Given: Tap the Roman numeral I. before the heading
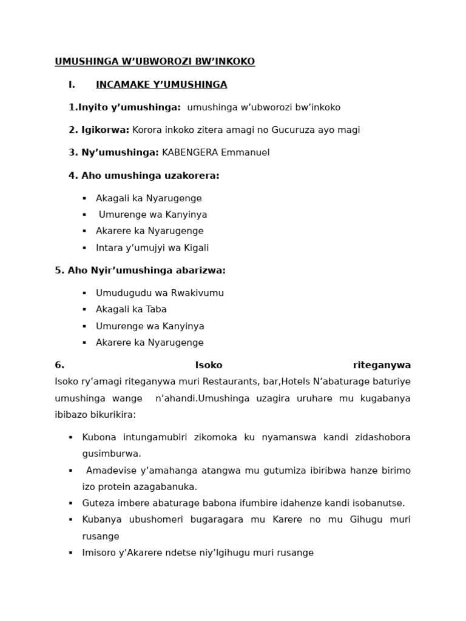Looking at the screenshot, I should [72, 85].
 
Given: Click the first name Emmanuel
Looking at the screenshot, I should [245, 153].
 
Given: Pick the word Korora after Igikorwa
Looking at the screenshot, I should [147, 130].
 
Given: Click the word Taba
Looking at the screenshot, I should [157, 309].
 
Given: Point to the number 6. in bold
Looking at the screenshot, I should [59, 365].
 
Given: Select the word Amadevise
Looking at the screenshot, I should [109, 471].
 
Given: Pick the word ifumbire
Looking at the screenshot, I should [235, 503].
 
